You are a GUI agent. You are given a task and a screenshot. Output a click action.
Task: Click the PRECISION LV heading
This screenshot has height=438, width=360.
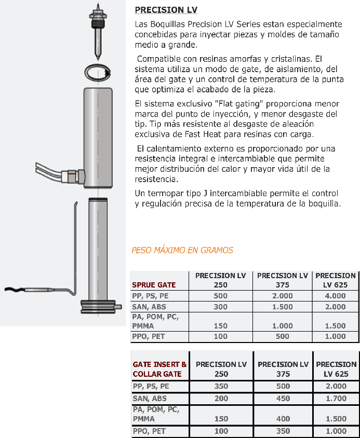[166, 10]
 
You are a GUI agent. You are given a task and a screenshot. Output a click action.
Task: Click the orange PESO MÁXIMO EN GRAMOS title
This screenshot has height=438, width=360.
[182, 250]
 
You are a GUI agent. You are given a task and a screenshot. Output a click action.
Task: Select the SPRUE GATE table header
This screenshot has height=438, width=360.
[154, 285]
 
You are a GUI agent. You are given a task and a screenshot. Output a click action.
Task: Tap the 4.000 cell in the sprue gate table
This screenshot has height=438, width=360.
[335, 296]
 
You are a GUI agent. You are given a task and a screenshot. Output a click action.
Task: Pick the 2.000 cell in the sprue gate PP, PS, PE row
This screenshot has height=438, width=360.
[283, 296]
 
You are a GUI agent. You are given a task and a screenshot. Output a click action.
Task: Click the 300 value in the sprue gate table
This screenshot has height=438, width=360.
[220, 307]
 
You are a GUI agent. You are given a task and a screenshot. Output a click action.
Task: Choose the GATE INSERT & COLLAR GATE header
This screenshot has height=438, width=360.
[159, 369]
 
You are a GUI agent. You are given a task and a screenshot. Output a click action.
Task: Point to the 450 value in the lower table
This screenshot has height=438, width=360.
[283, 399]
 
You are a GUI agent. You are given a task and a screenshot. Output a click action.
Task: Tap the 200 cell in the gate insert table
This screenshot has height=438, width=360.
[220, 399]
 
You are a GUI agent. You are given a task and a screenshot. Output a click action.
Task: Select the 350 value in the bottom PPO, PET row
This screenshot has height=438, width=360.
[283, 431]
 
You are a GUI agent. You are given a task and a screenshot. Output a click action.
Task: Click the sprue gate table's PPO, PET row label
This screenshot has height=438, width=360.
[149, 337]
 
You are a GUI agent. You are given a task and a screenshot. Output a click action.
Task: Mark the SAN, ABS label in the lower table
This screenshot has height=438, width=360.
[149, 399]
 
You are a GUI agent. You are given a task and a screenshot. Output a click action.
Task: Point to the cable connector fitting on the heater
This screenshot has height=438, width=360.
[70, 175]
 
